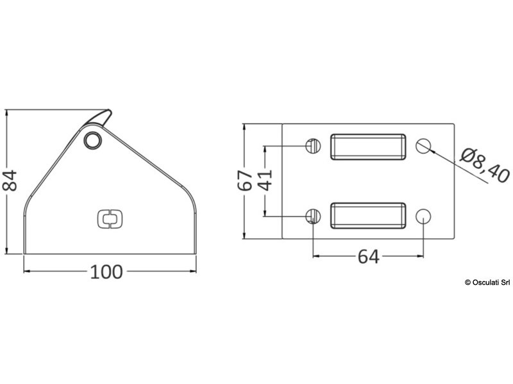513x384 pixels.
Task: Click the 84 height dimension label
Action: (10, 180)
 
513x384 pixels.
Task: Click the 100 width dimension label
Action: (106, 271)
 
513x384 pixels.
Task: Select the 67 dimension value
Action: (245, 180)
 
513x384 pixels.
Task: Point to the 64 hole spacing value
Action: (368, 257)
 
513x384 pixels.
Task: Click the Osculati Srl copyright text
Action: (487, 282)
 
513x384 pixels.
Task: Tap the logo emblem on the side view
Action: (110, 219)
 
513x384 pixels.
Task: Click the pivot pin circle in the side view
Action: (93, 140)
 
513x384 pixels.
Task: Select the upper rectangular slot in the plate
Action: (368, 147)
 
